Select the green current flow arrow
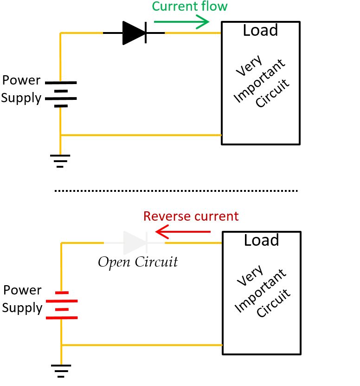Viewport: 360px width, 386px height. pos(181,21)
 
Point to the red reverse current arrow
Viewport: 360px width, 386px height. pos(183,231)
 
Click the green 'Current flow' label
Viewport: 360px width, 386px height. pos(190,7)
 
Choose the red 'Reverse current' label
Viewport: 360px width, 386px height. pos(191,216)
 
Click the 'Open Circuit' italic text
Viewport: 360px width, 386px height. pos(138,262)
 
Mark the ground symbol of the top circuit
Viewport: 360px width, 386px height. pos(60,160)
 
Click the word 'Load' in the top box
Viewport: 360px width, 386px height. pos(260,31)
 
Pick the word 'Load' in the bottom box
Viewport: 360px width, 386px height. pos(261,241)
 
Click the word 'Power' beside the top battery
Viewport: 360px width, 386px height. pos(21,80)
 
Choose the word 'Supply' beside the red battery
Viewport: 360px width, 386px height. pos(22,307)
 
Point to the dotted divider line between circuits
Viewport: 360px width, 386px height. pos(176,191)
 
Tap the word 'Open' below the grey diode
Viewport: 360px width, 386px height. pos(114,262)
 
